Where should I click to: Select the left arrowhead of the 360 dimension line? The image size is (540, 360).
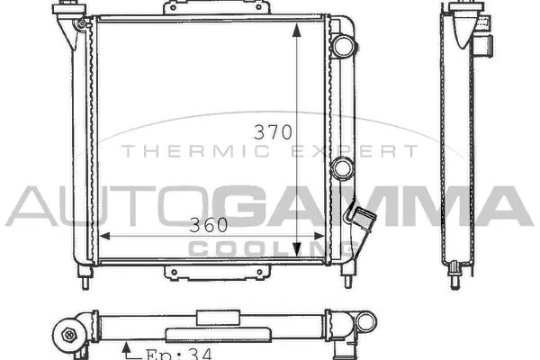[103, 236]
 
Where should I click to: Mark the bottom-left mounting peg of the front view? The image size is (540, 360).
[85, 280]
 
